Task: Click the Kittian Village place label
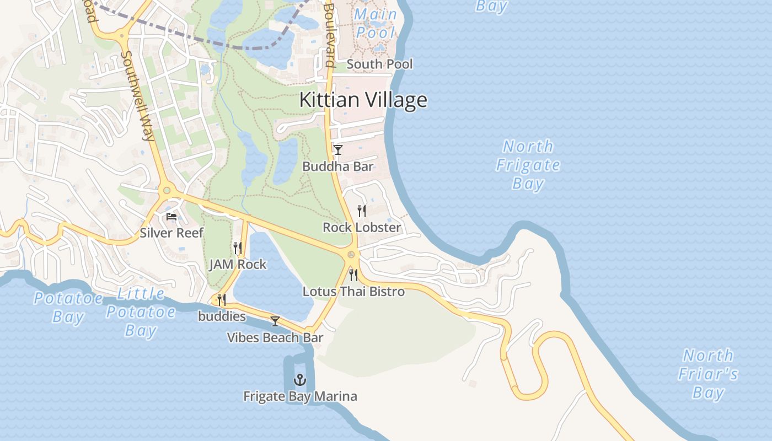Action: point(363,100)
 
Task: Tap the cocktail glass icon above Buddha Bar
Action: point(338,149)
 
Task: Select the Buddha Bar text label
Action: point(338,166)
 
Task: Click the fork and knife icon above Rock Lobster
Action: point(362,211)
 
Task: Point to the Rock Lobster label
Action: point(362,227)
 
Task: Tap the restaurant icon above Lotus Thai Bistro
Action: point(353,275)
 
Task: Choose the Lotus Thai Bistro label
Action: point(353,291)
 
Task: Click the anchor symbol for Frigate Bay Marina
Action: point(300,379)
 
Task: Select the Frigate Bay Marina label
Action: point(300,396)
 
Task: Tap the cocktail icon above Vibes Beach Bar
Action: point(275,321)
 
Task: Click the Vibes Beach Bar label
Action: point(275,337)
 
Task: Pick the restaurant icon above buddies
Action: point(222,300)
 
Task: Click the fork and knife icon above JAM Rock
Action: point(238,248)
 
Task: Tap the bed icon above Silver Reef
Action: point(171,216)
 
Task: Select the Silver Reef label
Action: point(171,233)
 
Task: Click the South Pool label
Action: point(379,64)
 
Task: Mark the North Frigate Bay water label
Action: point(528,165)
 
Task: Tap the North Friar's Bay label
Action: point(708,374)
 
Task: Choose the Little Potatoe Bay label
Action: point(141,312)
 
